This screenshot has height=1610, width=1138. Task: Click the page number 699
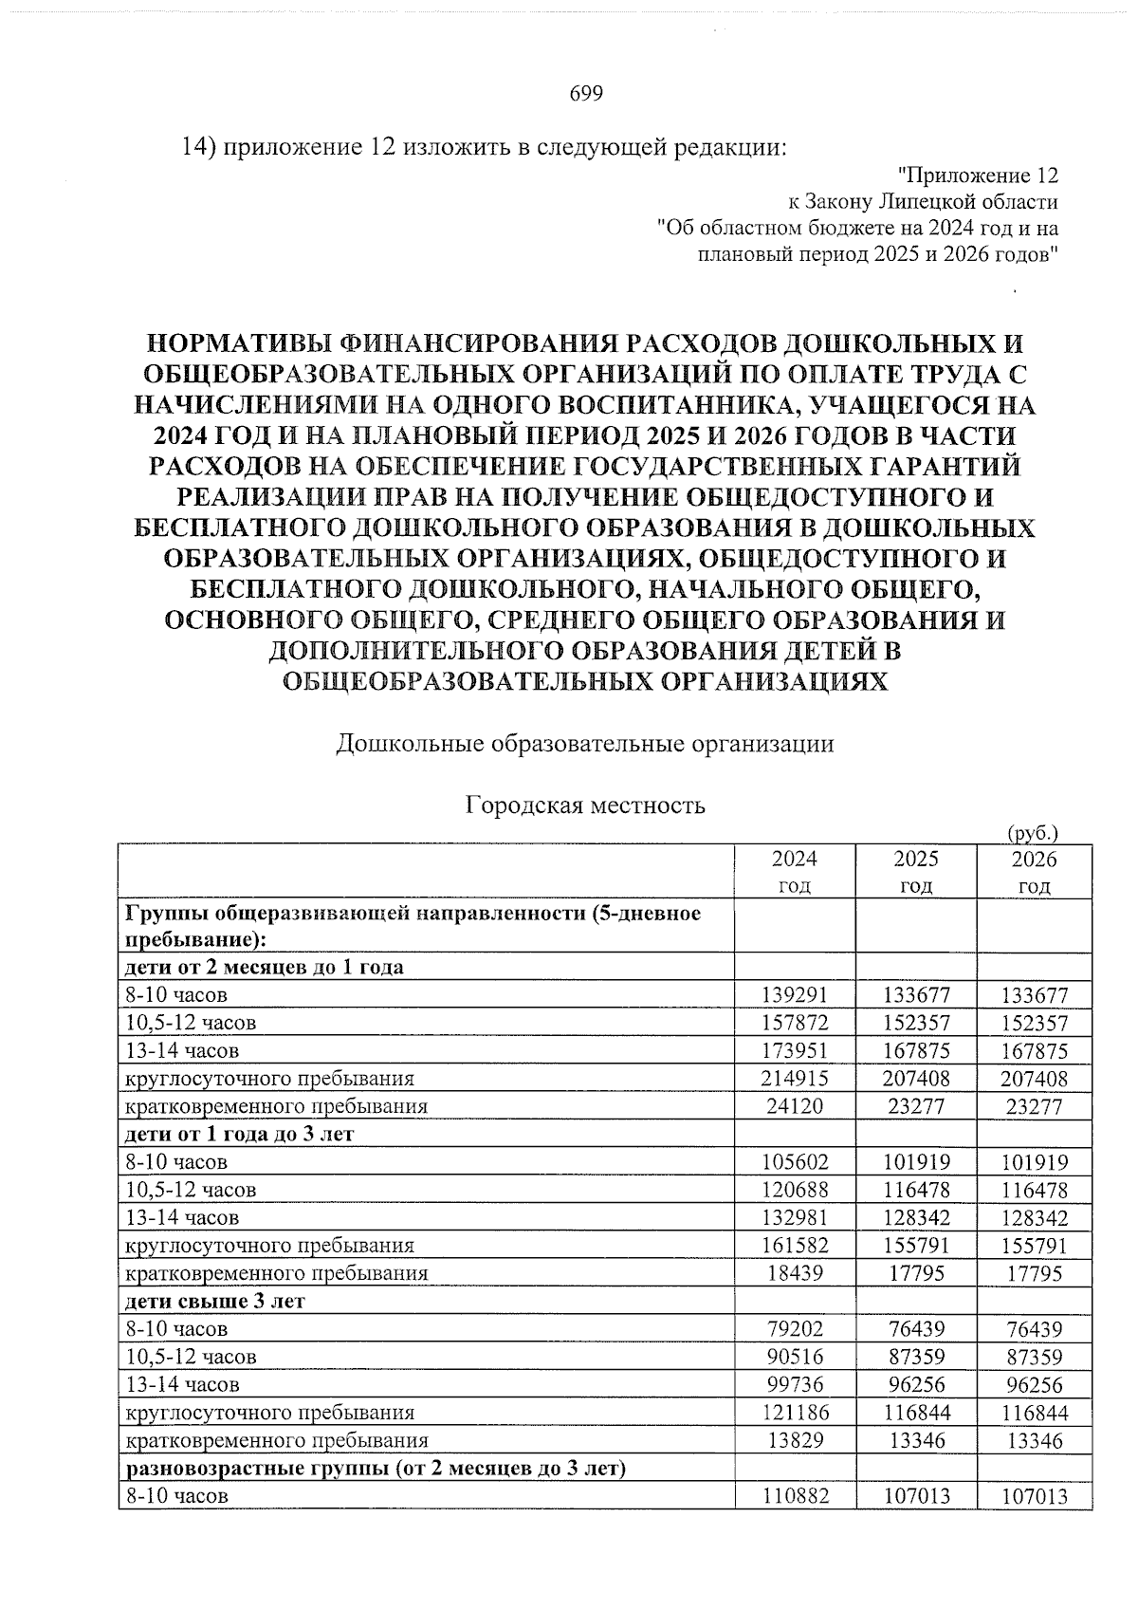coord(586,93)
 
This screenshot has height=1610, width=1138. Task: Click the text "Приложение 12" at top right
coord(977,176)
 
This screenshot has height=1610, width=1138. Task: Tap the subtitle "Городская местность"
coord(585,805)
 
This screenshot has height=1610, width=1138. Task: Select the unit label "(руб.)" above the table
coord(1031,833)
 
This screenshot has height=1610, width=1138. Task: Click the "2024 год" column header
coord(794,872)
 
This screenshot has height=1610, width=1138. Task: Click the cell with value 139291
coord(795,995)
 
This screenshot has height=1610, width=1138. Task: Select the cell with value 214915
coord(795,1079)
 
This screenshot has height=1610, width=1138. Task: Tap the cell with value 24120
coord(795,1106)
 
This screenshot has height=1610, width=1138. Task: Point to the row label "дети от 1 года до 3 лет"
coord(239,1134)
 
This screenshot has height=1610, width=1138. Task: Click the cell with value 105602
coord(795,1162)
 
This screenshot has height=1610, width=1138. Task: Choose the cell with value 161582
coord(795,1245)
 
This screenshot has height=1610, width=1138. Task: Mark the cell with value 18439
coord(795,1273)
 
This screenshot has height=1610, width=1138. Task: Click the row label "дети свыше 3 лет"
coord(215,1301)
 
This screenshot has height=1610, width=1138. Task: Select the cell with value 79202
coord(795,1329)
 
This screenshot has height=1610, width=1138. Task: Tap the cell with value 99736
coord(795,1384)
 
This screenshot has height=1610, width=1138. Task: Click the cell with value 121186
coord(795,1413)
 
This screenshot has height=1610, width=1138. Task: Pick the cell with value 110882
coord(795,1496)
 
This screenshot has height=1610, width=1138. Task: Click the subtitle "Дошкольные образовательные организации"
coord(585,744)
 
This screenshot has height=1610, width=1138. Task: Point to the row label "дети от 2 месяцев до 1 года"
coord(265,967)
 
